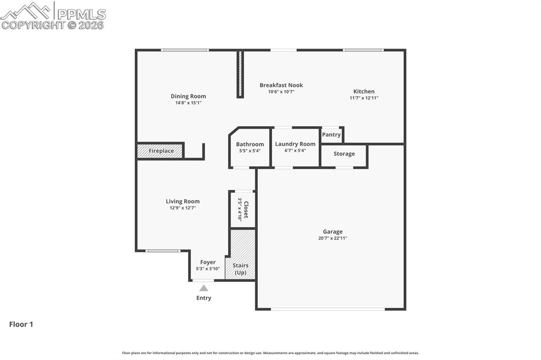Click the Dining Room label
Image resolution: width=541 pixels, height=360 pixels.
pos(188,96)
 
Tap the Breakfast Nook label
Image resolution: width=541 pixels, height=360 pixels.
pos(281,85)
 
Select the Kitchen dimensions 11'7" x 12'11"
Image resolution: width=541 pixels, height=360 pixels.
pos(363,98)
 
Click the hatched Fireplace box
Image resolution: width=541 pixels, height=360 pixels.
pos(160,151)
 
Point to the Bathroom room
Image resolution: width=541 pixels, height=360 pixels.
pos(249,147)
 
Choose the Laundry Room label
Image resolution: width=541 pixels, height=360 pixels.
pos(295,144)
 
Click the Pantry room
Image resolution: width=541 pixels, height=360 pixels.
pos(331,135)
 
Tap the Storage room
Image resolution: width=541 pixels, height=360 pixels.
pos(344,154)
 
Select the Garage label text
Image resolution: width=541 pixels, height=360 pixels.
pos(332,231)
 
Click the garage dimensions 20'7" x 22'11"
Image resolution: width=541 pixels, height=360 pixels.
pos(332,238)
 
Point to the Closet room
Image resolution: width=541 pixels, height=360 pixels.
pos(242,209)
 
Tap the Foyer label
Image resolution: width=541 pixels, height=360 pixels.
pos(208,262)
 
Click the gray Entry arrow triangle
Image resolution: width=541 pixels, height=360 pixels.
pos(203,288)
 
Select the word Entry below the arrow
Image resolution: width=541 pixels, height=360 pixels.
pos(203,298)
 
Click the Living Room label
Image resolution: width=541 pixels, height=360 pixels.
pos(182,201)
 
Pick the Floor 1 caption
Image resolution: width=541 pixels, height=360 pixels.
pos(21,325)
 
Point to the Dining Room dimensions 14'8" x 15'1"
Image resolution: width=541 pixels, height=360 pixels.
pos(188,102)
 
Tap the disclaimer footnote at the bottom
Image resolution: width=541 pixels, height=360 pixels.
pos(270,353)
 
